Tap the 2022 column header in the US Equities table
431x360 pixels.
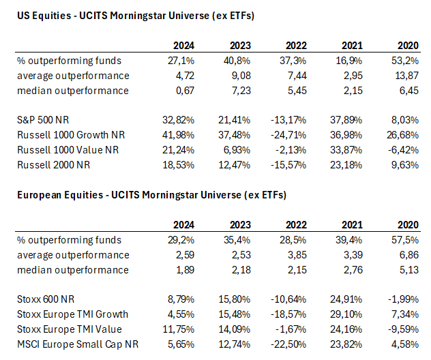(295, 46)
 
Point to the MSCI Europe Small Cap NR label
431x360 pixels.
(78, 344)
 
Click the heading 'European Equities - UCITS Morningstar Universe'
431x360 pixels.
(151, 195)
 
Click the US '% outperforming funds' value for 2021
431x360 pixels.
(350, 61)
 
